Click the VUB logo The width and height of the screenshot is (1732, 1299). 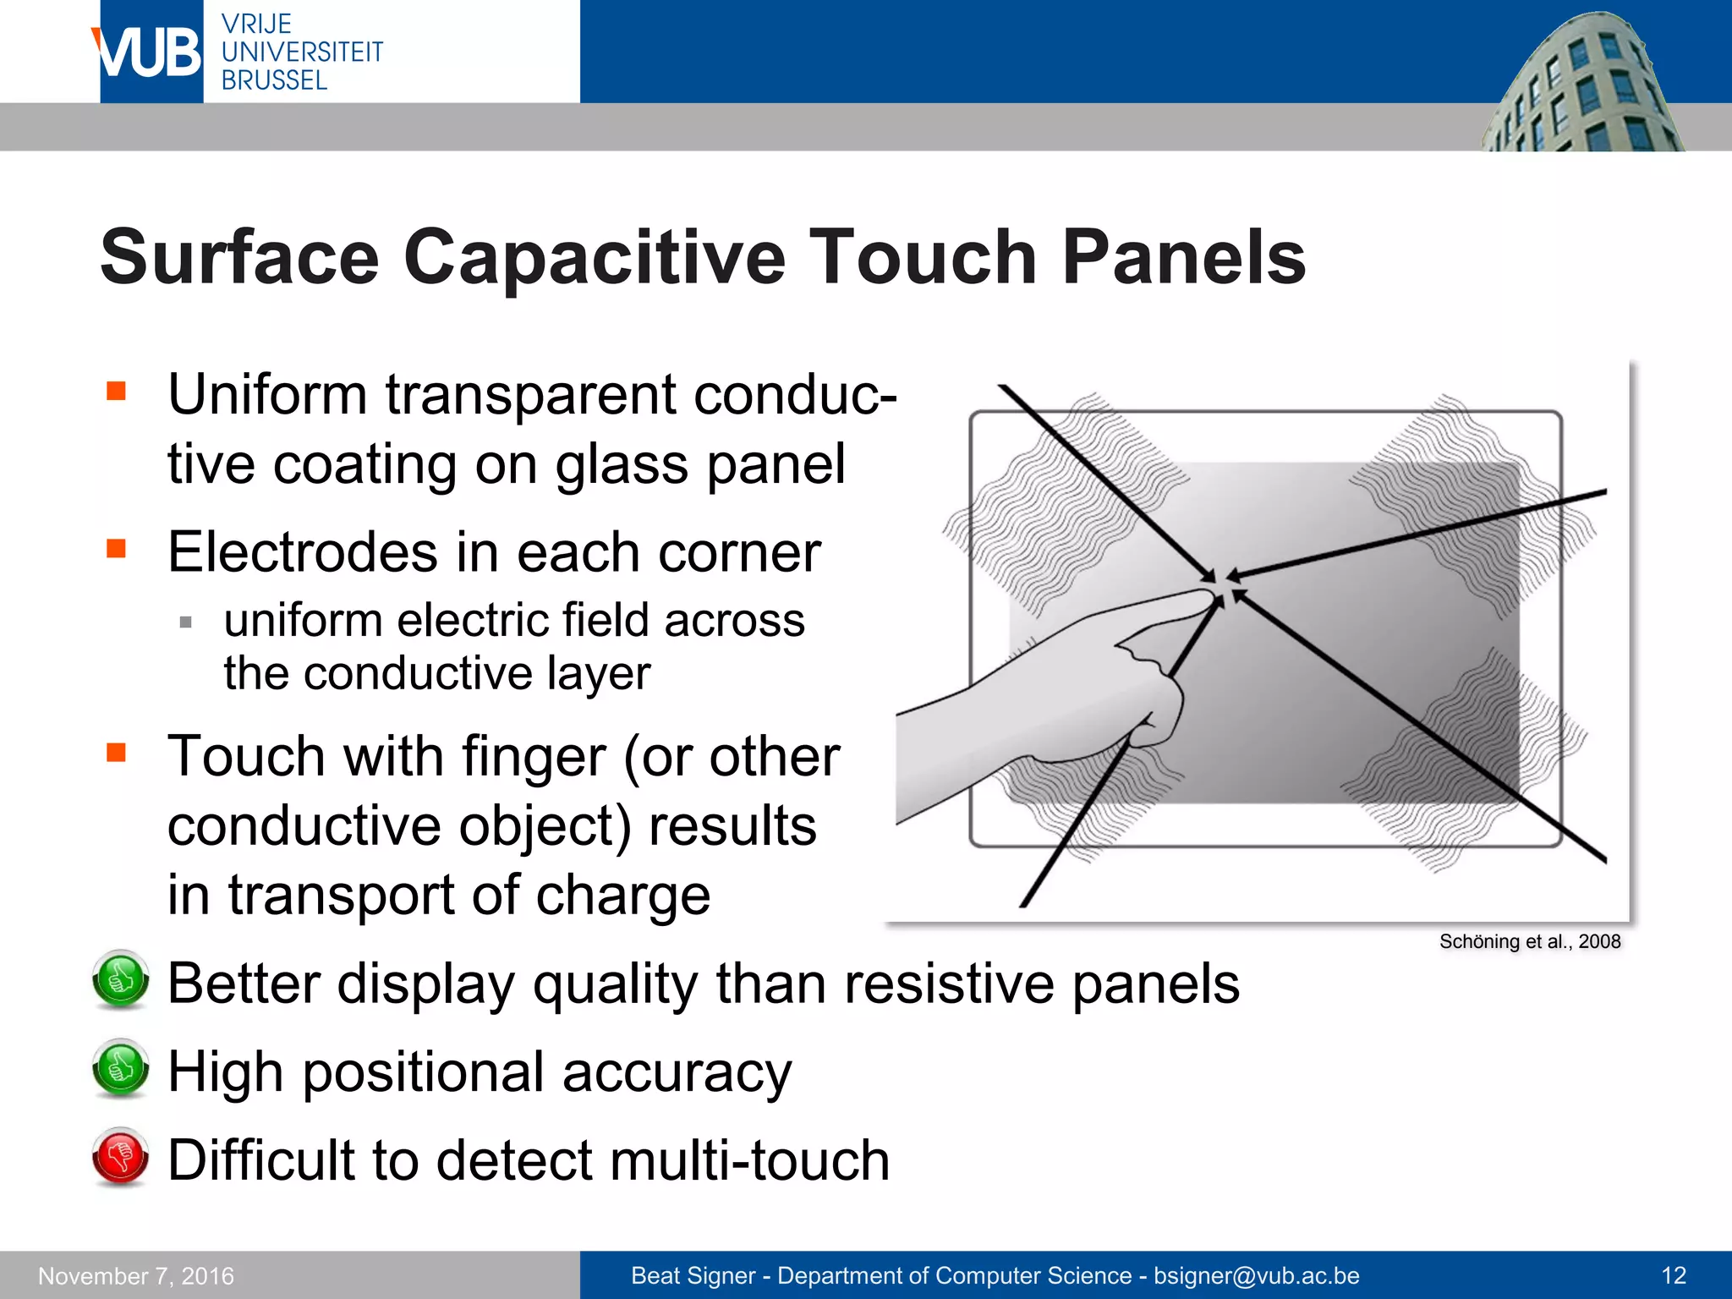pyautogui.click(x=151, y=52)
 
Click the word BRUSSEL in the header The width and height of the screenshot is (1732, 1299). pyautogui.click(x=274, y=80)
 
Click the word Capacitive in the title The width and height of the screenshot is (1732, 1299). pyautogui.click(x=595, y=257)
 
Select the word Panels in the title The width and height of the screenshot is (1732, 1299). pyautogui.click(x=1183, y=257)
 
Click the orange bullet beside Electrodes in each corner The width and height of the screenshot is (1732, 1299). pyautogui.click(x=116, y=550)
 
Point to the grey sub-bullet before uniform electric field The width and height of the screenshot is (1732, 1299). pyautogui.click(x=186, y=623)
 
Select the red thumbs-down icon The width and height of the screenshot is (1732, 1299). pyautogui.click(x=121, y=1156)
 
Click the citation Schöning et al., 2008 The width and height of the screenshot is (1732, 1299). pyautogui.click(x=1529, y=942)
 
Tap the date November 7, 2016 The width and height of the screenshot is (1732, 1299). pyautogui.click(x=136, y=1275)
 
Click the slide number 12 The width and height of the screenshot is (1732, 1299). pyautogui.click(x=1674, y=1275)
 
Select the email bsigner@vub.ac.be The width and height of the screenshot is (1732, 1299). pyautogui.click(x=1256, y=1275)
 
